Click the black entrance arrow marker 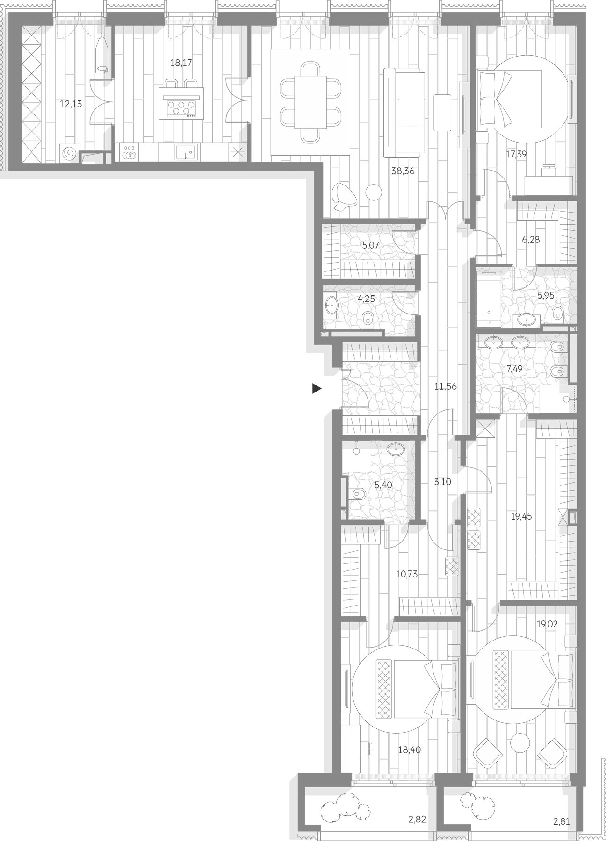(317, 388)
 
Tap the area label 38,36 (403, 171)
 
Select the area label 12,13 (71, 104)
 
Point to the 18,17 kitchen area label (181, 63)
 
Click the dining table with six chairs (310, 102)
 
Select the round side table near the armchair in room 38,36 (374, 192)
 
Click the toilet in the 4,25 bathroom (367, 320)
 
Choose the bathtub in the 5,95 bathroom (488, 297)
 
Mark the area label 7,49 (514, 369)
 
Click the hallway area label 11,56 (445, 387)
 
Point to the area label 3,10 (442, 482)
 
